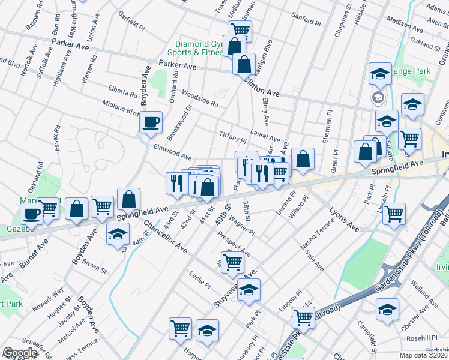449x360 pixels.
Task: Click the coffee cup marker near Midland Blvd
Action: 151,122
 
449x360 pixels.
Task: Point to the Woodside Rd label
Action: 199,98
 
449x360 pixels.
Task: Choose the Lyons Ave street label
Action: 344,220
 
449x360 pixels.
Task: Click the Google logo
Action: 20,352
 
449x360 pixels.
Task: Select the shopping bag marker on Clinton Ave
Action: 244,65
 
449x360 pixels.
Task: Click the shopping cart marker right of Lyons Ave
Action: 394,214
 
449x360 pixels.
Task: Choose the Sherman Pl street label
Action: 327,127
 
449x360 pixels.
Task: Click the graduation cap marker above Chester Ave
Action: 387,310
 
